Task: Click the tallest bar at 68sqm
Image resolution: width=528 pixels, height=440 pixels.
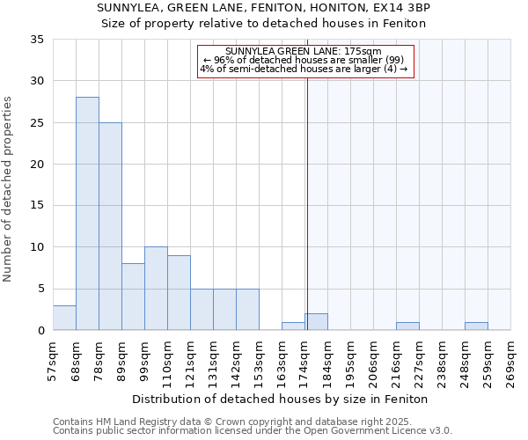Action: coord(87,214)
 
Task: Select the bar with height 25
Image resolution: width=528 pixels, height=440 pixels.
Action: coord(110,226)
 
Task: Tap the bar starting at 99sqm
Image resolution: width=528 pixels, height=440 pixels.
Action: coord(156,289)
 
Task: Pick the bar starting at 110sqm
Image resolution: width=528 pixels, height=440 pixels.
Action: coord(179,293)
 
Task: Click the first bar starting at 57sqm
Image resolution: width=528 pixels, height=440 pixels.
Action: coord(64,318)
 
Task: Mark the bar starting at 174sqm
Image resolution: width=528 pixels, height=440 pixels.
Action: coord(317,322)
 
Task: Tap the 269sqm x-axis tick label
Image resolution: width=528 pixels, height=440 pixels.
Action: coord(511,361)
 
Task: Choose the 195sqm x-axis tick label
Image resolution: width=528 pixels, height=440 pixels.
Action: coord(351,361)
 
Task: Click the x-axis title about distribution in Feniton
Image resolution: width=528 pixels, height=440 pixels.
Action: coord(282,400)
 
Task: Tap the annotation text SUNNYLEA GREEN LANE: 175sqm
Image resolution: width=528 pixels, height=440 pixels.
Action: coord(304,52)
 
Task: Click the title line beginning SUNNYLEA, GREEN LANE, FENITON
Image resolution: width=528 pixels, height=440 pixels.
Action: coord(264,7)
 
